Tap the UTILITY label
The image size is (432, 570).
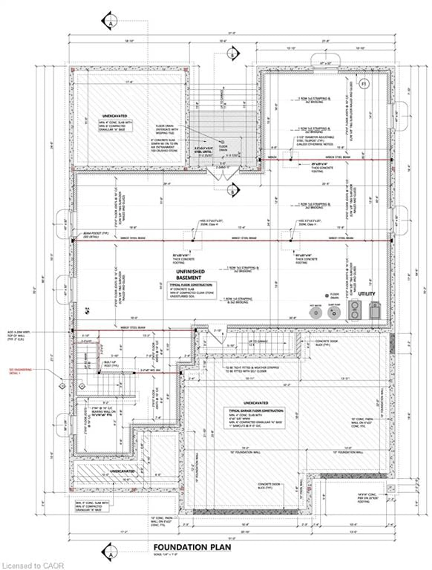366,294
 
